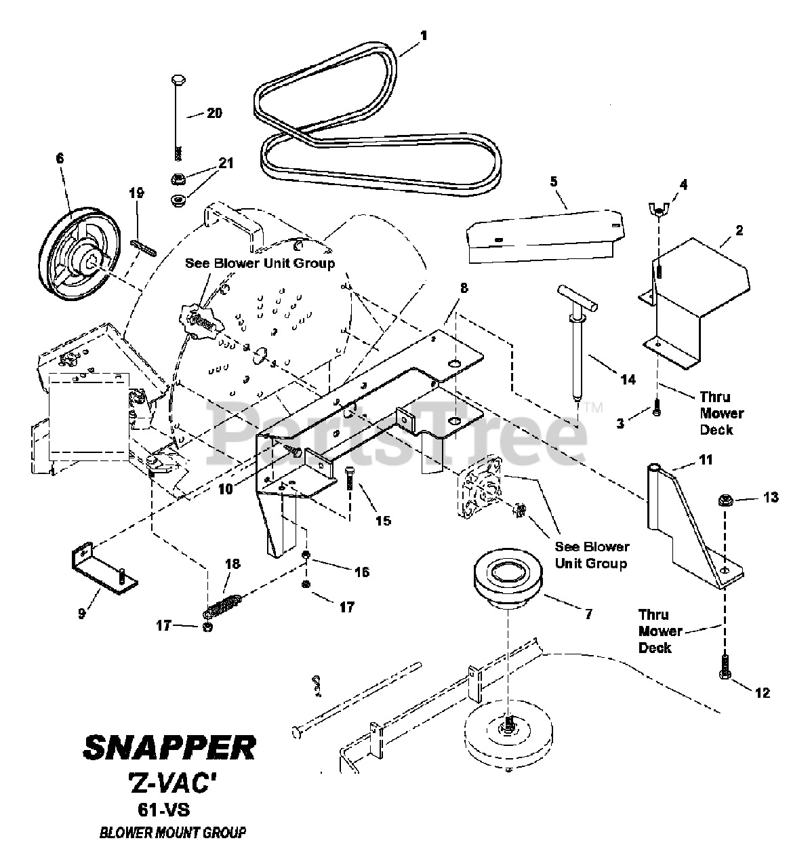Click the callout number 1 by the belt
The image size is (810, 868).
(423, 35)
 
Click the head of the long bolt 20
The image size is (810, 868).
(178, 81)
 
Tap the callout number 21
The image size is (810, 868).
(226, 163)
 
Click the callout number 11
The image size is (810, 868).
(705, 459)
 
